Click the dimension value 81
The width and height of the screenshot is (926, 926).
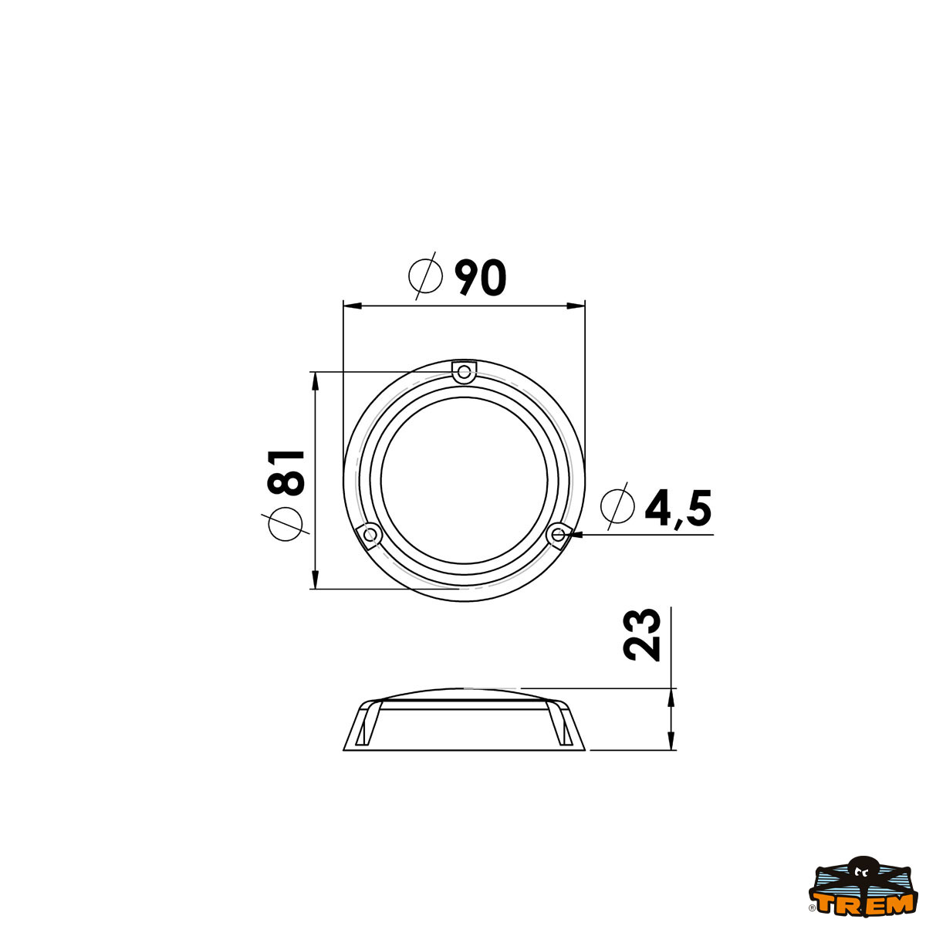[287, 471]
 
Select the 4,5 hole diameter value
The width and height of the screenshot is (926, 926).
[678, 509]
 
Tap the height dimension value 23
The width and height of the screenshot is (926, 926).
[642, 634]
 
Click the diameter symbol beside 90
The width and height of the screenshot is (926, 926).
[425, 275]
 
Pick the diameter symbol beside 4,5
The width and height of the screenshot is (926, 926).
[618, 506]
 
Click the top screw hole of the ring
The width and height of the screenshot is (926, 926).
[464, 373]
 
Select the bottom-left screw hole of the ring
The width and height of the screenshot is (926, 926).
[370, 534]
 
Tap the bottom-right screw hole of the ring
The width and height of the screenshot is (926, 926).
[557, 534]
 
